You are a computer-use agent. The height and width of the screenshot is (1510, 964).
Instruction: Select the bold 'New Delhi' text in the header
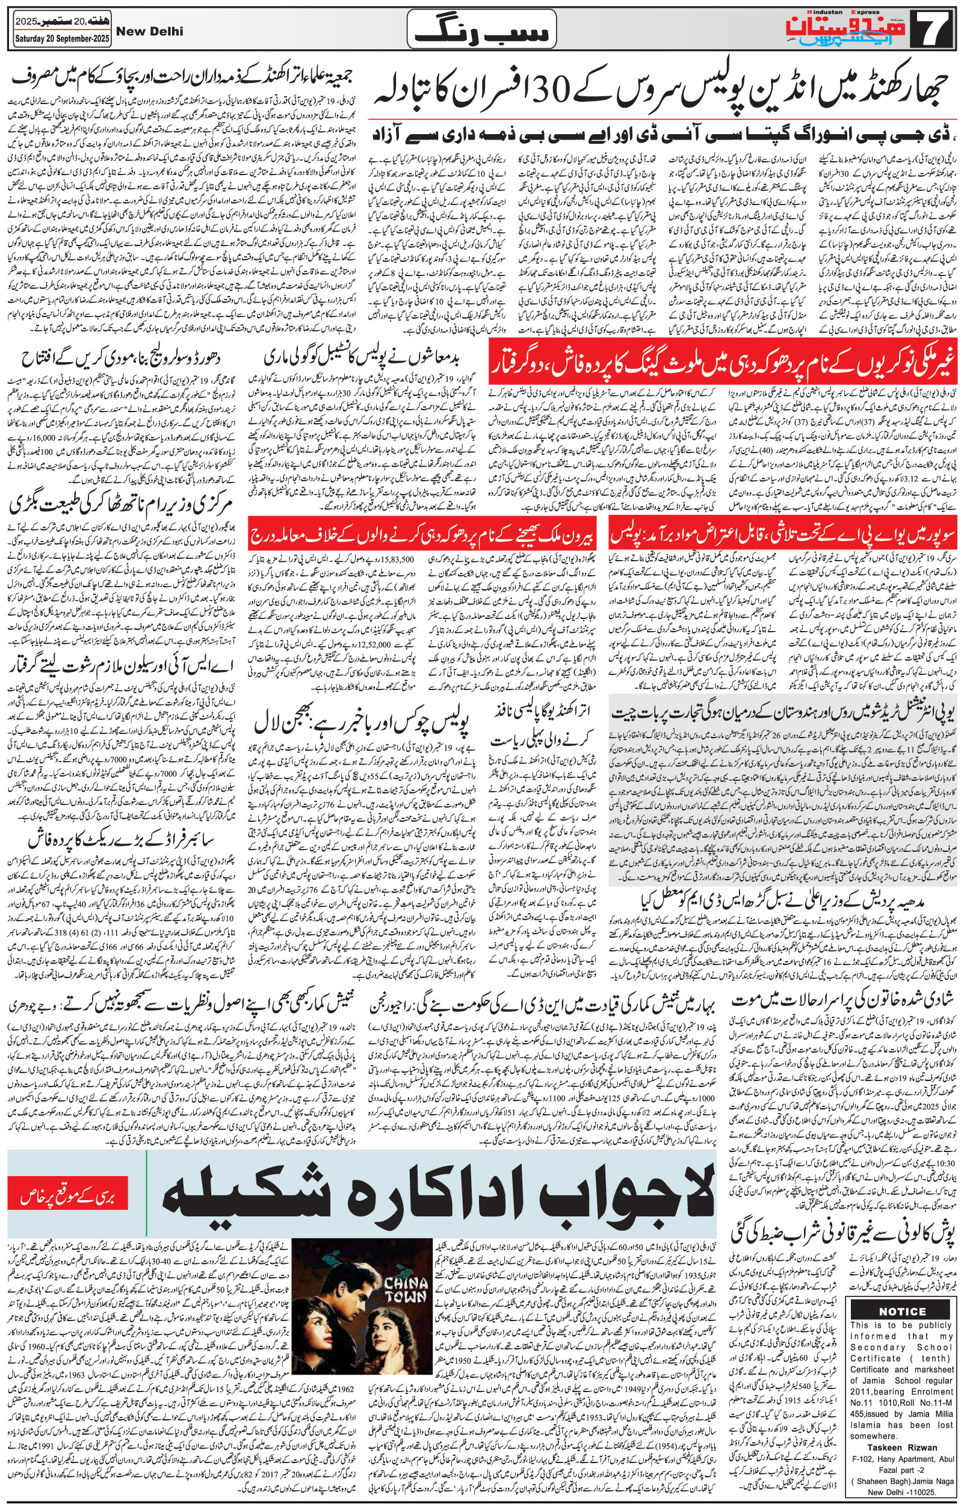click(150, 32)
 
